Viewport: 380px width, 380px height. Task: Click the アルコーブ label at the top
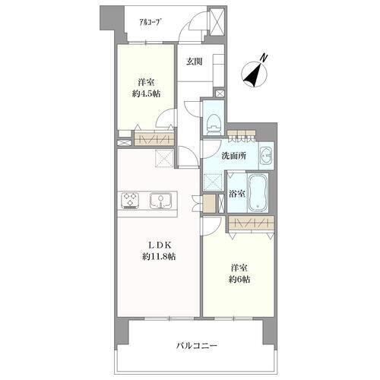pyautogui.click(x=150, y=22)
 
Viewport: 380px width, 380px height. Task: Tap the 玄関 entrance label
pyautogui.click(x=195, y=62)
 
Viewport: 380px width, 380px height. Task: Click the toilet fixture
pyautogui.click(x=213, y=124)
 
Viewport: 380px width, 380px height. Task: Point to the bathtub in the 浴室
pyautogui.click(x=258, y=193)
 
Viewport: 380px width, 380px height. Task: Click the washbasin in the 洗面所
pyautogui.click(x=266, y=156)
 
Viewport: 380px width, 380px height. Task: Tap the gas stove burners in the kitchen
pyautogui.click(x=130, y=200)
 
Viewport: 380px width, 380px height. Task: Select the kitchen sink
pyautogui.click(x=160, y=200)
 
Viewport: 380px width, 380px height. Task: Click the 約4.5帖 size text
pyautogui.click(x=146, y=94)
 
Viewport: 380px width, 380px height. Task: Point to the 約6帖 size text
pyautogui.click(x=239, y=279)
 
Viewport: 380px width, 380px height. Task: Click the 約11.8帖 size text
pyautogui.click(x=159, y=257)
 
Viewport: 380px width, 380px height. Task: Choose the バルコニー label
pyautogui.click(x=197, y=346)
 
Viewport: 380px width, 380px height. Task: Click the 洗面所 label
pyautogui.click(x=234, y=156)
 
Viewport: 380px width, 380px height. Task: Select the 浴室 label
pyautogui.click(x=237, y=194)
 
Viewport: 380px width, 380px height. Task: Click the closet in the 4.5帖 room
pyautogui.click(x=154, y=139)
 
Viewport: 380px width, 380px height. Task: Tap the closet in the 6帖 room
pyautogui.click(x=251, y=223)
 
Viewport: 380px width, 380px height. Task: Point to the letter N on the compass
pyautogui.click(x=264, y=58)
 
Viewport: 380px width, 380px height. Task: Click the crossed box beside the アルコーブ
pyautogui.click(x=216, y=21)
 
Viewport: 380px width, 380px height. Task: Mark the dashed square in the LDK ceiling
pyautogui.click(x=164, y=158)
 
